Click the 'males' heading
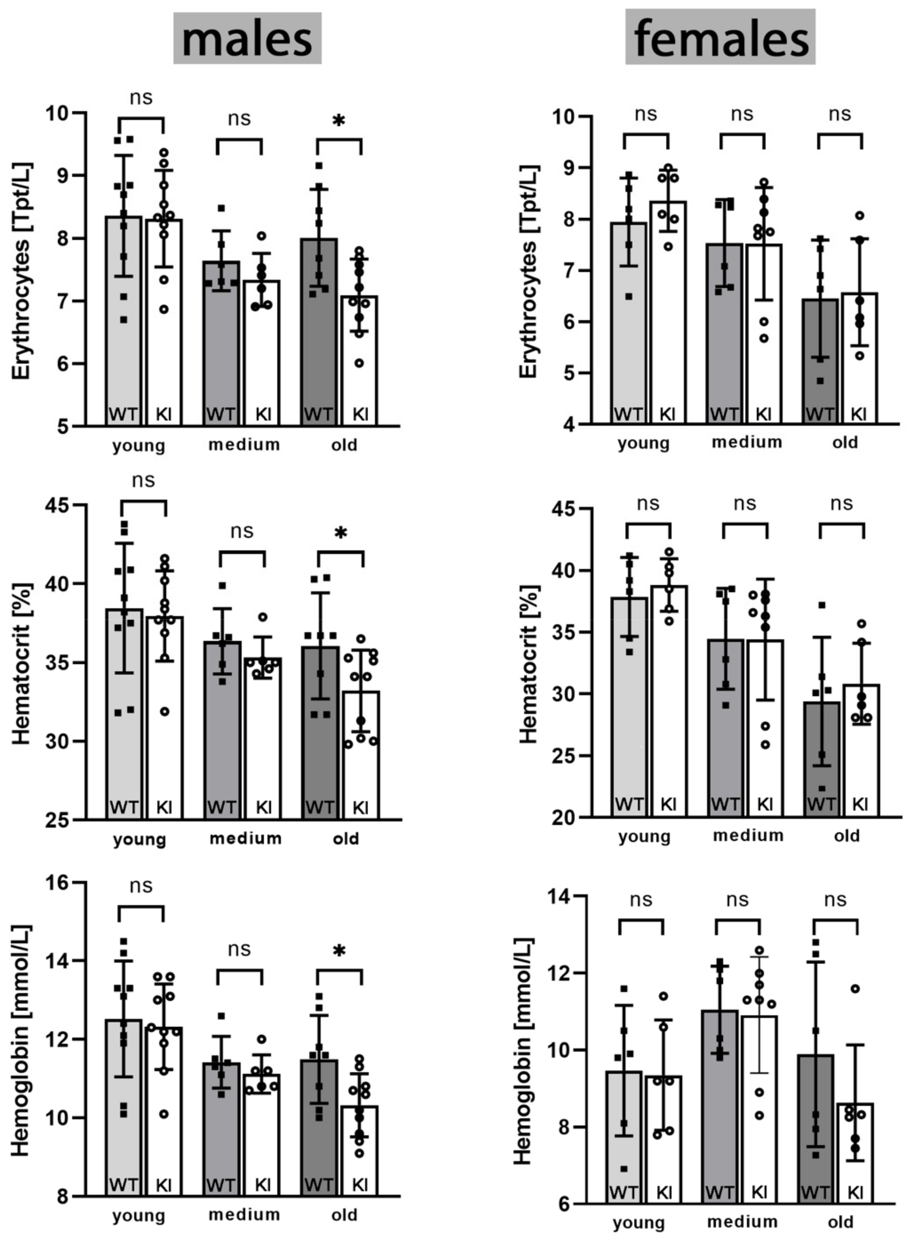pyautogui.click(x=247, y=39)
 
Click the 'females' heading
pyautogui.click(x=720, y=39)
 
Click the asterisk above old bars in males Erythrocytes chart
pyautogui.click(x=339, y=120)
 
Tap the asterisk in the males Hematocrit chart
pyautogui.click(x=341, y=533)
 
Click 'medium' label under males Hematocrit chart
pyautogui.click(x=245, y=838)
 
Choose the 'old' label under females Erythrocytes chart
pyautogui.click(x=845, y=442)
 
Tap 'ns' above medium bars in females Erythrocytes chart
pyautogui.click(x=741, y=114)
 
